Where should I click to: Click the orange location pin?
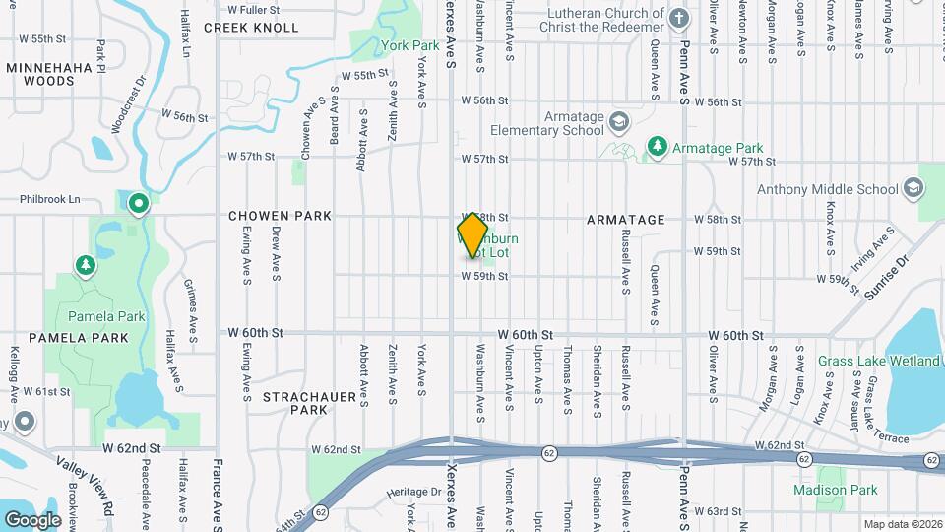[473, 235]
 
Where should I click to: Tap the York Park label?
[409, 45]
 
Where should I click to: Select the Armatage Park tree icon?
[656, 147]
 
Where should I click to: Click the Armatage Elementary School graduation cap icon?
[619, 122]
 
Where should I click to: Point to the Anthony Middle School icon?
[913, 189]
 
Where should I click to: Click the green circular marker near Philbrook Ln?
[139, 204]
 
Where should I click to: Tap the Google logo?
[31, 519]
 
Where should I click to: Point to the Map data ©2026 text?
[903, 524]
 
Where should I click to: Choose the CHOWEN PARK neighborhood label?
[281, 215]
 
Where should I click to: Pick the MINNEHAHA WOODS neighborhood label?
[48, 77]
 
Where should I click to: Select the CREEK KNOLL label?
[251, 28]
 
